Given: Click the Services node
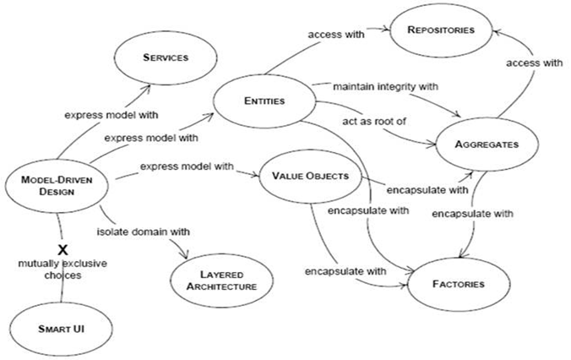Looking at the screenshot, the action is click(166, 58).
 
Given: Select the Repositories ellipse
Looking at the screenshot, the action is click(441, 30).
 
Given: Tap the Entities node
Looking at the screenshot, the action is click(264, 101).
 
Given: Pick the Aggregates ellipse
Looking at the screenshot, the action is click(487, 145).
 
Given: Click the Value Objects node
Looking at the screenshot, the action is click(310, 177).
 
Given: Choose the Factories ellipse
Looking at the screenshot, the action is click(459, 284).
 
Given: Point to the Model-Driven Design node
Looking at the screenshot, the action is click(57, 186).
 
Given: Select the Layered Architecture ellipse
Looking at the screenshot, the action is click(221, 281).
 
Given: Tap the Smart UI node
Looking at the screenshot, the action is click(61, 329).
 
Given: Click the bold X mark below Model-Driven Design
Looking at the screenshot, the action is click(63, 250).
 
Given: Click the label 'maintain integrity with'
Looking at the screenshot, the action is click(386, 87).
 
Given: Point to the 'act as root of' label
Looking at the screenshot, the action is click(374, 122).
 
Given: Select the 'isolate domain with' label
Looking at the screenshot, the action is click(143, 232).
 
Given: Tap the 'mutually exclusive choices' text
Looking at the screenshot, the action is click(63, 269).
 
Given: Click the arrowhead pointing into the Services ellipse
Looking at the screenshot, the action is click(147, 88).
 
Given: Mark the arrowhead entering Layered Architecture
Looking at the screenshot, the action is click(185, 254).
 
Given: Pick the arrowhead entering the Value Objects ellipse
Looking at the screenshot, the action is click(255, 175).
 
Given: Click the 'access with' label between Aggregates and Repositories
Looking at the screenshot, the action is click(534, 63).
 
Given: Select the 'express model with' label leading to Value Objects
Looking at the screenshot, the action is click(187, 166).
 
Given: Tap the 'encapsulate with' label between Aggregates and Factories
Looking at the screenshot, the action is click(472, 214).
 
